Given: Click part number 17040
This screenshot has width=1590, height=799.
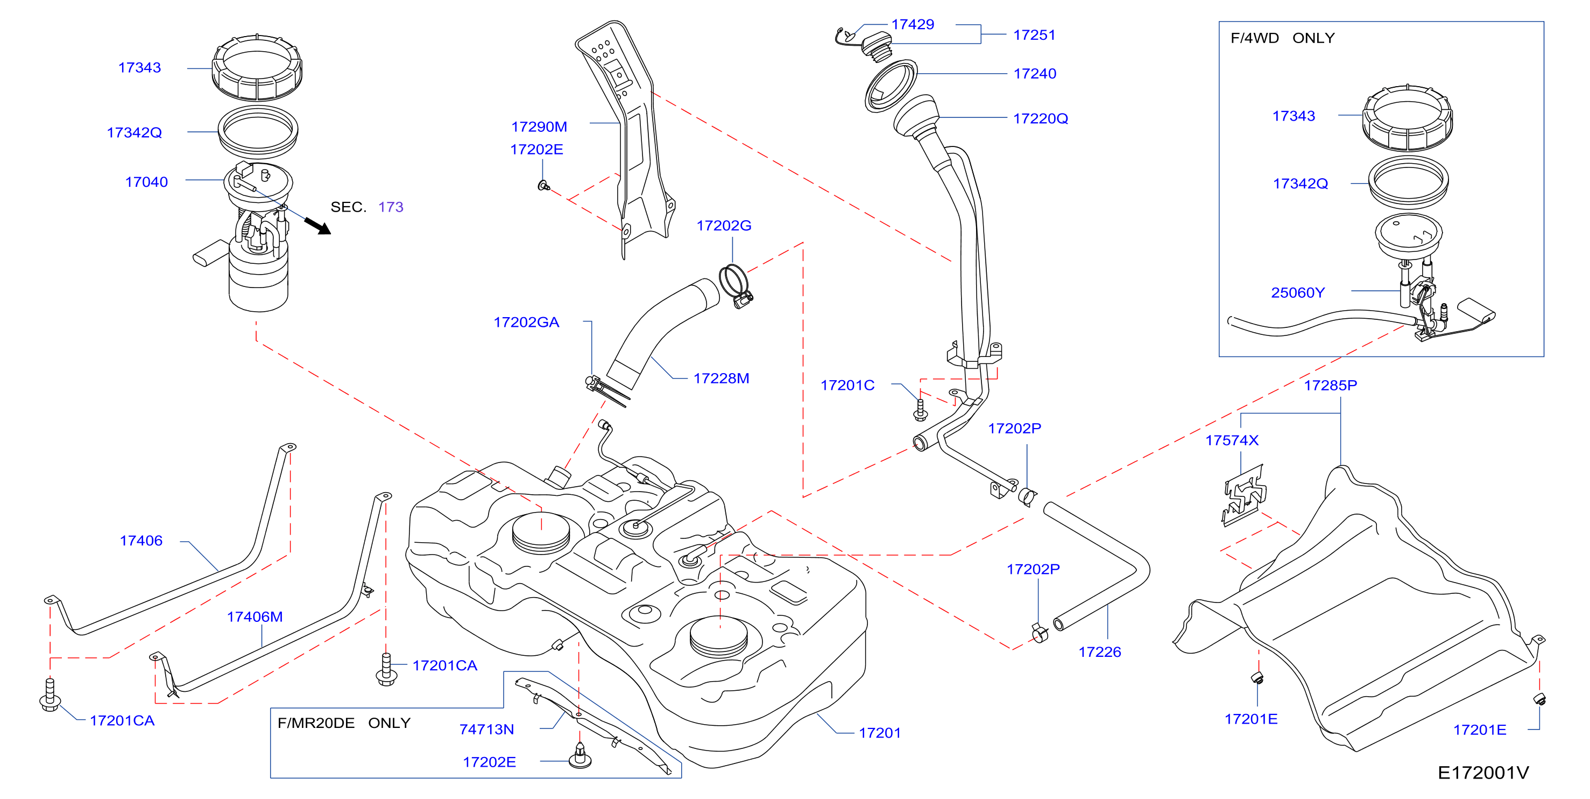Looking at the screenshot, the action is (146, 182).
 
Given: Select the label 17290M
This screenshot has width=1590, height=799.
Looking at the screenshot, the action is (539, 127).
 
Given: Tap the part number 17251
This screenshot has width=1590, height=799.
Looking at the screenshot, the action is (1035, 35).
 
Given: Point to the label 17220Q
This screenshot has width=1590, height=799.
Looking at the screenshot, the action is (1041, 118).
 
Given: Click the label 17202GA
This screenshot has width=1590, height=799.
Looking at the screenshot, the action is (526, 323).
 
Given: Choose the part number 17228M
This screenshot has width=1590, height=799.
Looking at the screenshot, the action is (722, 379).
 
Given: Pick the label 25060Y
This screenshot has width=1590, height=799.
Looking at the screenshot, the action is (1298, 293).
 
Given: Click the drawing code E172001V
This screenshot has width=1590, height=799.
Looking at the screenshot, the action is (1483, 773).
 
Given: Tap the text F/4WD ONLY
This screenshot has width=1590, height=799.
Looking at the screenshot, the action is (1283, 38).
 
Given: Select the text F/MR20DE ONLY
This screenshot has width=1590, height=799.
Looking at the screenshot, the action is (344, 723).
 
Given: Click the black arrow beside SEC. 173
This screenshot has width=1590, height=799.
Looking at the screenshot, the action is (318, 226).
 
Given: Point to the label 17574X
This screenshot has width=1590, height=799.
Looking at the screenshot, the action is (1232, 440).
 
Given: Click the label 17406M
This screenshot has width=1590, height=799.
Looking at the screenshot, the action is (255, 617).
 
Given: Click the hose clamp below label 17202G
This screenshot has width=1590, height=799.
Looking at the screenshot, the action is (736, 285).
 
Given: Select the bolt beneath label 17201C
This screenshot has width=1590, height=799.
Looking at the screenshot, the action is (920, 410).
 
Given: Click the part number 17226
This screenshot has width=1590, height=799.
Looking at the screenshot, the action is (1100, 652).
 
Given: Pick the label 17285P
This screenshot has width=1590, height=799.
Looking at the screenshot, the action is (1331, 386).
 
